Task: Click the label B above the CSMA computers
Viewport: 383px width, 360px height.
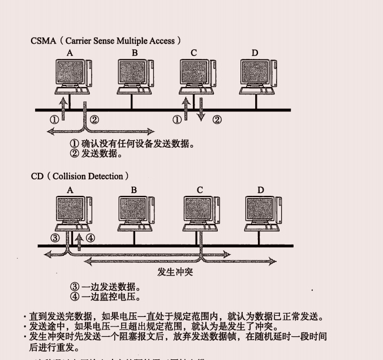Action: coord(135,53)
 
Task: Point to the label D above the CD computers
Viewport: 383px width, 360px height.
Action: coord(261,190)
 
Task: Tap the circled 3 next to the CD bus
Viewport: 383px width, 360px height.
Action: coord(55,238)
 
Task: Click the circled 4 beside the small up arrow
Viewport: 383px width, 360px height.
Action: coord(91,238)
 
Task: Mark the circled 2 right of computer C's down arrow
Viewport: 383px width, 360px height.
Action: coord(217,119)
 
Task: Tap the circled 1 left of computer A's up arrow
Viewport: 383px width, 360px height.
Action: coord(54,119)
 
